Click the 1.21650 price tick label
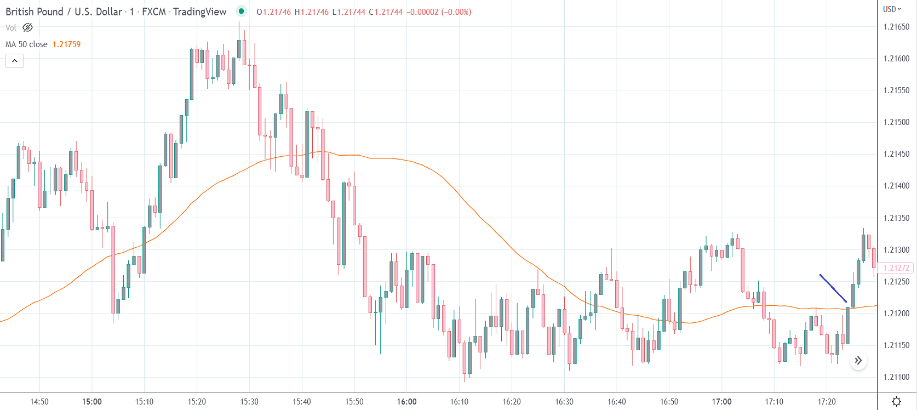point(896,27)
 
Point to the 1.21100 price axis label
point(896,377)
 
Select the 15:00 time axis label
point(92,402)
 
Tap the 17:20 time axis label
point(827,402)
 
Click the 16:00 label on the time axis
point(406,402)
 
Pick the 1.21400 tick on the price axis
point(896,186)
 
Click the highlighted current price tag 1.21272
point(896,268)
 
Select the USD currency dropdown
point(892,9)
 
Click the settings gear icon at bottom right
point(897,402)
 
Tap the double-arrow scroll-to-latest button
point(858,361)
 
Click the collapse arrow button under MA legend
point(15,61)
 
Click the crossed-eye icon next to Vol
point(27,27)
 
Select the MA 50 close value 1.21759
point(66,44)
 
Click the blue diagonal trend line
point(833,288)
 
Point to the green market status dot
point(241,11)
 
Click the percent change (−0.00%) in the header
point(456,12)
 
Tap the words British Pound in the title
point(35,12)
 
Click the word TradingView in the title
point(199,12)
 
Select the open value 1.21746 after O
point(277,12)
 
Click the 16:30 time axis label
point(564,402)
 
